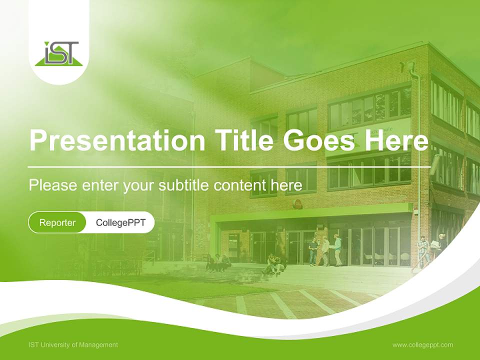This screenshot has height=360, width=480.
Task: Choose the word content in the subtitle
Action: pyautogui.click(x=239, y=185)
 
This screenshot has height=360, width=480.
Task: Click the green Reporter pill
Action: pyautogui.click(x=57, y=222)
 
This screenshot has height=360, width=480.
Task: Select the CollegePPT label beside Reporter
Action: pyautogui.click(x=120, y=222)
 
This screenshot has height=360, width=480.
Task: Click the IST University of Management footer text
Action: pyautogui.click(x=73, y=345)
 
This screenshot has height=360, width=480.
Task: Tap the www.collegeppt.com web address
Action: pyautogui.click(x=422, y=345)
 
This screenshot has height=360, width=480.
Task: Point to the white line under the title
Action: pyautogui.click(x=229, y=167)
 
